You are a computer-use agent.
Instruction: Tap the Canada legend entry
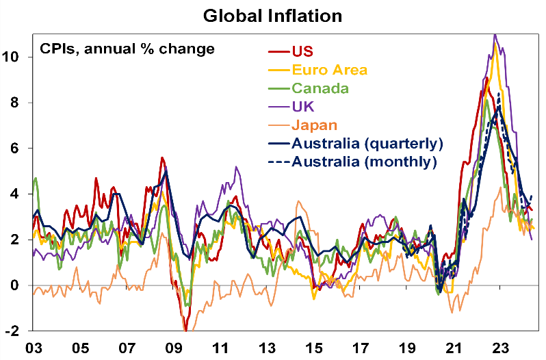(x=320, y=88)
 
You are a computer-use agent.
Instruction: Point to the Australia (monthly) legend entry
(x=364, y=162)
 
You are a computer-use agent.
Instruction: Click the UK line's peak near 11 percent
(x=495, y=35)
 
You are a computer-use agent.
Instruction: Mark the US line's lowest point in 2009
(x=185, y=329)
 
